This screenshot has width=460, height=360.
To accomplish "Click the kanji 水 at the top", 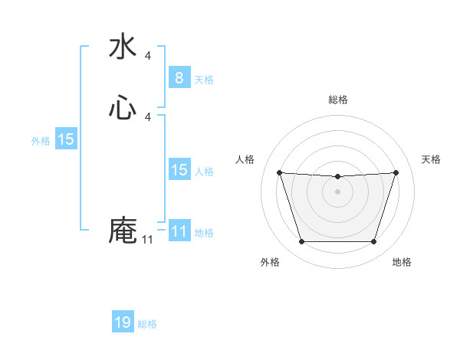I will (x=123, y=47).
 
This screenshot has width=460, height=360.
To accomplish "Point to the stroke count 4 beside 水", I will (x=148, y=56).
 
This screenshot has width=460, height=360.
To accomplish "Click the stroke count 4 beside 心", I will (x=148, y=116).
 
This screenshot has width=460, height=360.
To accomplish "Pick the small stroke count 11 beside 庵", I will (x=147, y=240).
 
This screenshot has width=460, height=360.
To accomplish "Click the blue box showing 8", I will (x=179, y=77).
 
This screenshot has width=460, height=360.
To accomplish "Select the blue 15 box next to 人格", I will (x=179, y=170).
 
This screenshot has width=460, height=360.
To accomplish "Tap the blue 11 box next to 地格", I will (x=179, y=231).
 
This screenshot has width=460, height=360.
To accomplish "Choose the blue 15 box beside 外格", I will (x=66, y=139).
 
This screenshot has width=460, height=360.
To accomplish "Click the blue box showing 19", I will (x=123, y=322).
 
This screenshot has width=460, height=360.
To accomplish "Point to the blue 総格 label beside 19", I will (x=147, y=324).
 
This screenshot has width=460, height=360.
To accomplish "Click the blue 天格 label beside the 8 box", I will (x=204, y=79).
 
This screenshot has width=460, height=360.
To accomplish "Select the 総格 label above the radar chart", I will (x=338, y=100).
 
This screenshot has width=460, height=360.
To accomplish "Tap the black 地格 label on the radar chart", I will (x=402, y=262).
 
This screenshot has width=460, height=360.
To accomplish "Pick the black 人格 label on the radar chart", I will (x=245, y=159).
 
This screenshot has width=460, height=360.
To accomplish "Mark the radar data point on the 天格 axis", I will (x=396, y=172).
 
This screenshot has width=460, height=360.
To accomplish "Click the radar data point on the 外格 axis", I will (x=301, y=242).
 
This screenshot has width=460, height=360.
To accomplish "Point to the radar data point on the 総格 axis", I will (x=337, y=177).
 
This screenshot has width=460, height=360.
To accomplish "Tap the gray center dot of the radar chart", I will (x=337, y=191).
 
